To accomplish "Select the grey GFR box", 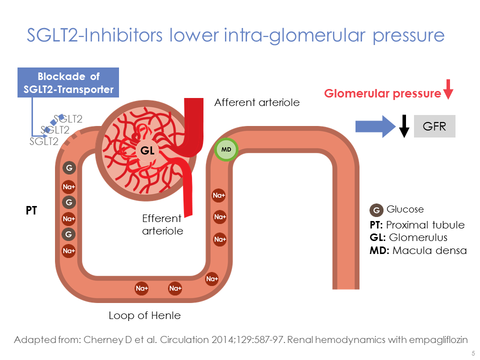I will point(434,126).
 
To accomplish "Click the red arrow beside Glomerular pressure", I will point(448,88).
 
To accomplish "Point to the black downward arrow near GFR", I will point(405,126).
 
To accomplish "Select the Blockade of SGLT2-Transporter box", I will point(68,83).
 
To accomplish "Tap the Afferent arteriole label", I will point(256,102).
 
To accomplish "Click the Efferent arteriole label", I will point(162,224).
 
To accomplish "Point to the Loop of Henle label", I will point(144,315).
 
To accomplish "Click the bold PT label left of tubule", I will point(31,211).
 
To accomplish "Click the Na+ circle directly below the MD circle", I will point(219,195).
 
